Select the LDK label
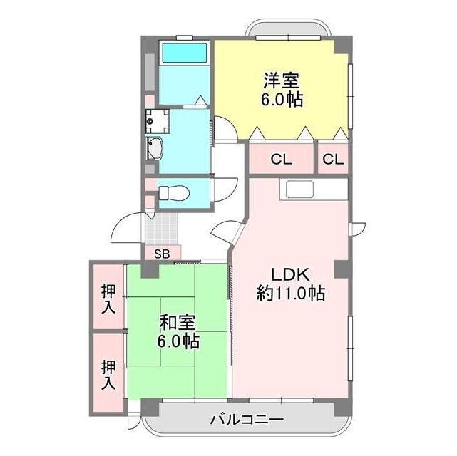click(x=289, y=274)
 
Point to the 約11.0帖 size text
click(x=290, y=293)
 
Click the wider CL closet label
click(x=281, y=160)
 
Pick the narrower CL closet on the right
click(x=333, y=160)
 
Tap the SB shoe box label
click(x=162, y=253)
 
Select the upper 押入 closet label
click(x=108, y=299)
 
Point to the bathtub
click(x=184, y=53)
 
